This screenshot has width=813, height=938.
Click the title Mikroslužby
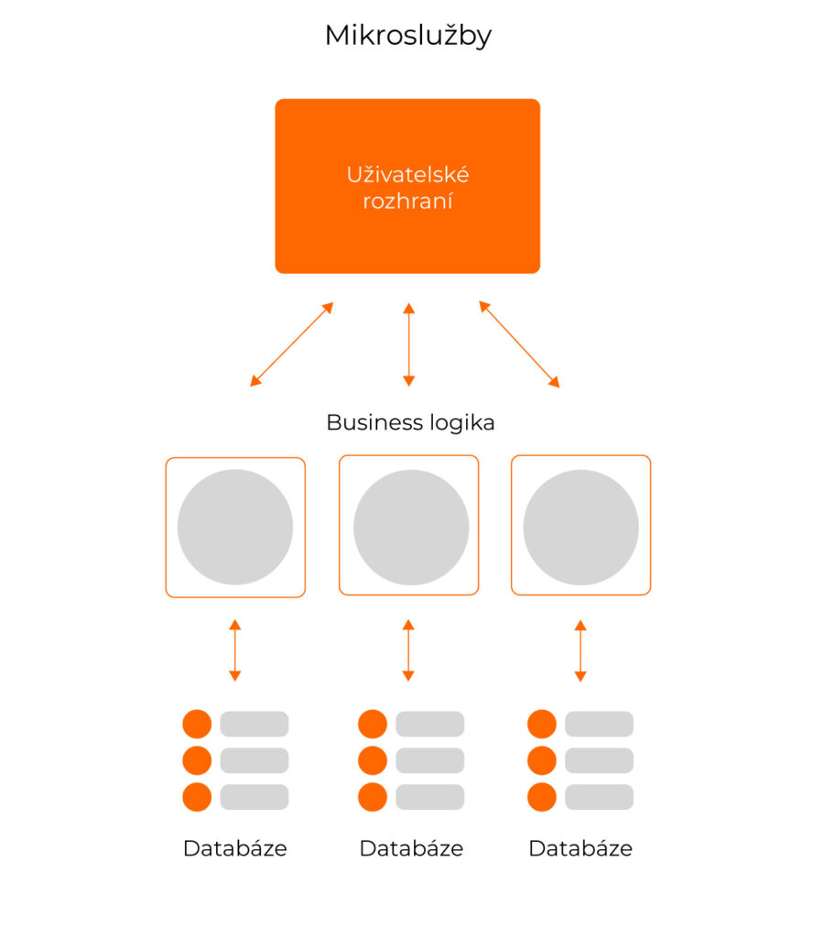coord(407,36)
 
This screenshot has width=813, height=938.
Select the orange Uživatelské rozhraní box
coord(407,186)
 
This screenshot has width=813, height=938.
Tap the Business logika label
coord(410,422)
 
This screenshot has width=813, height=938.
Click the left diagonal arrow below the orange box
coord(292,344)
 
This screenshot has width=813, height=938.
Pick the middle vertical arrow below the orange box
coord(408,344)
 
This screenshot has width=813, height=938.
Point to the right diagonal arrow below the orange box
coord(519,344)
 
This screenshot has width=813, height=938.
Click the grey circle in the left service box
coord(235,528)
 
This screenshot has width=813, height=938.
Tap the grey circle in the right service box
coord(580,528)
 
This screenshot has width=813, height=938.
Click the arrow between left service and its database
coord(235,650)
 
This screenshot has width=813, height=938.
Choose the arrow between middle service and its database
coord(408,650)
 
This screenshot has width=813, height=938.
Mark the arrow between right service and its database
coord(580,650)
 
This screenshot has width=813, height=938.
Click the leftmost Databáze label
coord(235,848)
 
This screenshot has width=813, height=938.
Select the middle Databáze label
coord(411,848)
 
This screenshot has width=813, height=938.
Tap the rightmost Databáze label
coord(580,848)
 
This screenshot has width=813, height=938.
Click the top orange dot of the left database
coord(197,724)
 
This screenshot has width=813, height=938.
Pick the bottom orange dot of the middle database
coord(373,797)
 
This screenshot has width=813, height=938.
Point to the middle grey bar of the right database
coord(599,760)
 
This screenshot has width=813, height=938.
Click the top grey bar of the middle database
coord(429,724)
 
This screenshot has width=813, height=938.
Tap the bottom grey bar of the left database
coord(254,797)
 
